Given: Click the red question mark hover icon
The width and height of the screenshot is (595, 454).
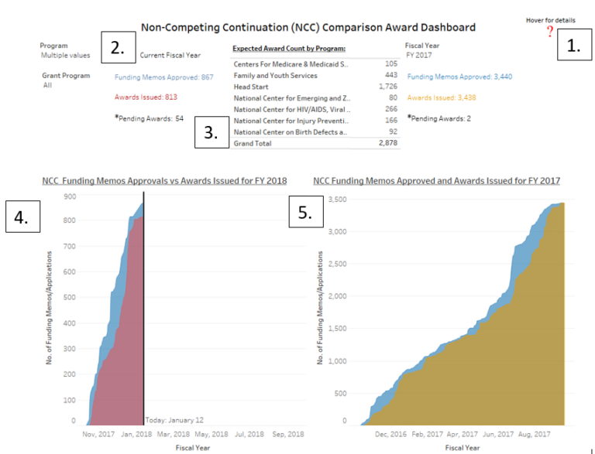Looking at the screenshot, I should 550,32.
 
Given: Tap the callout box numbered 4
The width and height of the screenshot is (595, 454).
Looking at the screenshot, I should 21,217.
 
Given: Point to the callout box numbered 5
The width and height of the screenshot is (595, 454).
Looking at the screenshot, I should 305,213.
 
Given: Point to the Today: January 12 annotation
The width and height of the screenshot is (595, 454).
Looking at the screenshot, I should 175,419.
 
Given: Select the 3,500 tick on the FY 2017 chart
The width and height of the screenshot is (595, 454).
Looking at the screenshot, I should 335,200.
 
